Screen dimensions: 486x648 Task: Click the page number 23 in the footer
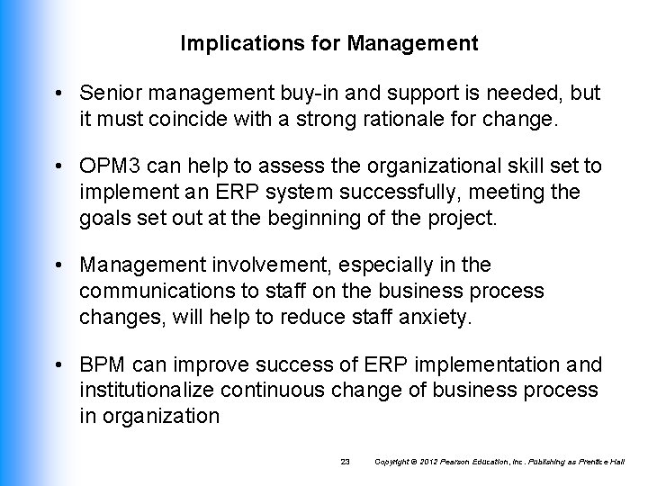pyautogui.click(x=345, y=462)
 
